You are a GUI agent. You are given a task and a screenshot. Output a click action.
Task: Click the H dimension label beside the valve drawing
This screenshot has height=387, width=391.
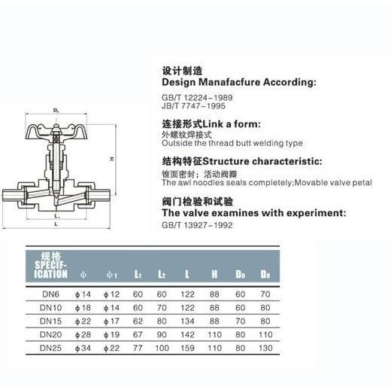pos(112,159)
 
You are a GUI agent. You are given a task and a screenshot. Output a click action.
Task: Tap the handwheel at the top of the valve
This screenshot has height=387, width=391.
pos(56,132)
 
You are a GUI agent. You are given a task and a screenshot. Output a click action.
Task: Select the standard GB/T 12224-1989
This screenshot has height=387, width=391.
pos(197,98)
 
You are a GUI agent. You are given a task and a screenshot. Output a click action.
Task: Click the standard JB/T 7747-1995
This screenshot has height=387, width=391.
pos(193,106)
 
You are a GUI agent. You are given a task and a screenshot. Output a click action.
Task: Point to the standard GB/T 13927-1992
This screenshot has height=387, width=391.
pos(197,225)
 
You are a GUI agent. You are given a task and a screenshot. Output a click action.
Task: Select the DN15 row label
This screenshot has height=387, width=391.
pos(50,321)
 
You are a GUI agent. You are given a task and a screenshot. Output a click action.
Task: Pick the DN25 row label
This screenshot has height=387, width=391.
pos(50,348)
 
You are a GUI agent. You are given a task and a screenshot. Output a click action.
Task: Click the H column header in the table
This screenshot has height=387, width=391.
pos(214,274)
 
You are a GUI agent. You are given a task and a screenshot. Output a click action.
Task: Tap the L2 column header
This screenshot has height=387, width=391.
pos(162,274)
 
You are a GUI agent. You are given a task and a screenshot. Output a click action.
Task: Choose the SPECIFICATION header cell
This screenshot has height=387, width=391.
pos(51,265)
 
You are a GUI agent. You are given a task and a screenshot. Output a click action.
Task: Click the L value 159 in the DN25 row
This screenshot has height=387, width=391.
pos(187,348)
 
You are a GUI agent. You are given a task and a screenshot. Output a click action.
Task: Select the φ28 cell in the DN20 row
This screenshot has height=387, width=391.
pos(83,334)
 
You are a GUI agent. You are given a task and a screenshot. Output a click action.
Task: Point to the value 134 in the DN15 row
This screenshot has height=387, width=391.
pos(187,321)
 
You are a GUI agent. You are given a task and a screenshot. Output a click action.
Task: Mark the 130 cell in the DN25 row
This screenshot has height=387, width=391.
pos(265,348)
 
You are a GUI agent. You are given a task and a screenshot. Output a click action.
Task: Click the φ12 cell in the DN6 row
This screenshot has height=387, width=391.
pos(111,294)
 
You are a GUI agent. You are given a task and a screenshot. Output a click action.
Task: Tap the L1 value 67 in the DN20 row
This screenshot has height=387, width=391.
pos(138,334)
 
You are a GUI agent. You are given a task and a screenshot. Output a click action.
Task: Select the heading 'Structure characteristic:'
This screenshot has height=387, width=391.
pos(262,161)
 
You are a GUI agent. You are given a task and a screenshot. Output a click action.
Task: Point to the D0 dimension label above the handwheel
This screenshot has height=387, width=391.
pos(56,111)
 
